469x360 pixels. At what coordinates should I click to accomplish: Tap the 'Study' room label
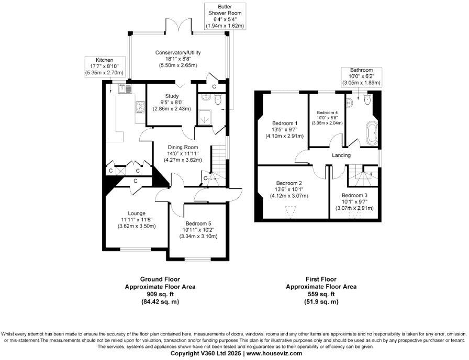click(x=172, y=96)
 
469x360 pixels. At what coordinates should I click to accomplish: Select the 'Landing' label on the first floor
click(x=341, y=155)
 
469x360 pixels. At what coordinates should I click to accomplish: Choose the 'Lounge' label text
click(x=136, y=213)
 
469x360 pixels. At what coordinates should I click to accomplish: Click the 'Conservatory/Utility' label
click(x=178, y=53)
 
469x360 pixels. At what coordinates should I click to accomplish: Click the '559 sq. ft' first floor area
click(x=321, y=294)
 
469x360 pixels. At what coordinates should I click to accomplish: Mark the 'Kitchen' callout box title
click(x=101, y=60)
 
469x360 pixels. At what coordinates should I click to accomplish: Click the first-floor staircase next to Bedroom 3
click(x=361, y=175)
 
